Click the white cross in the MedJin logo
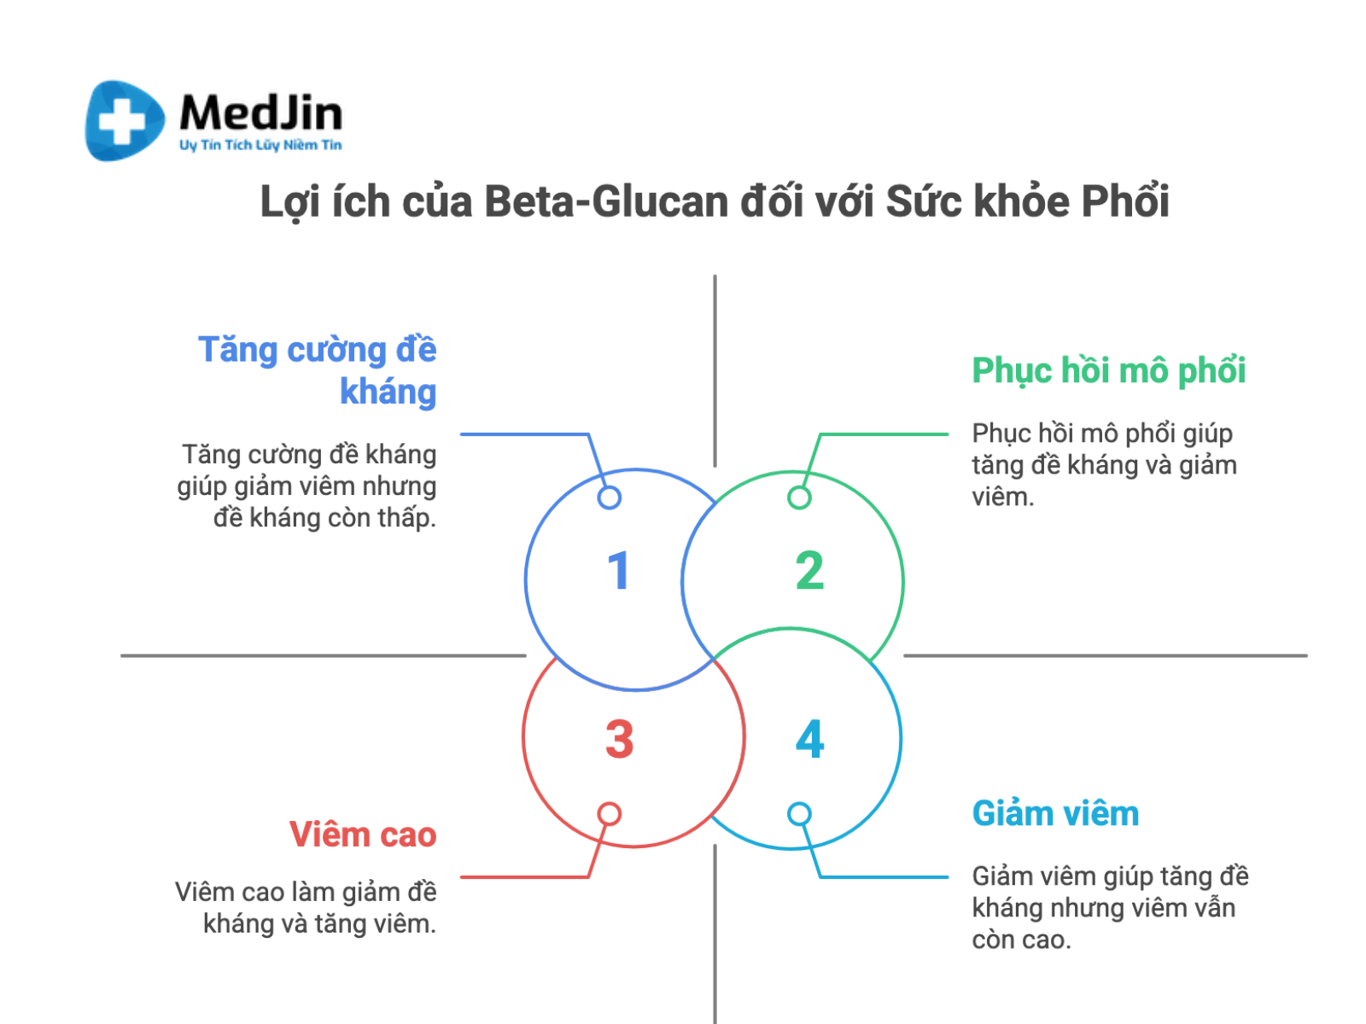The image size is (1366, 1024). coord(121,121)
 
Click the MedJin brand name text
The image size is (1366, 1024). coord(260,113)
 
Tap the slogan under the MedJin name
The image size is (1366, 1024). coord(260,145)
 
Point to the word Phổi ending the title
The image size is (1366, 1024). coord(1124,202)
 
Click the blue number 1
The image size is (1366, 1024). coord(618,571)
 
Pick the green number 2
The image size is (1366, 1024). coord(809,571)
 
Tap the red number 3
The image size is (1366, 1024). coord(619,739)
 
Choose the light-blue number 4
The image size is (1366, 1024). coord(809,739)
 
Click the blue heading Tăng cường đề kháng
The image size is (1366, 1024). coord(318,370)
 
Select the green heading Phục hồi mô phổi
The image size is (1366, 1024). coord(1108,370)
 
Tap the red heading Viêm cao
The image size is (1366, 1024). coord(363,835)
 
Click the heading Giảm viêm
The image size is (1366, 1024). coord(1055,813)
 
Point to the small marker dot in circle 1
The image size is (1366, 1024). coord(610,497)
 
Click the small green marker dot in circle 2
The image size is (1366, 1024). coord(799,497)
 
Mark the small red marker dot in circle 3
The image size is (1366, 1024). coord(610,814)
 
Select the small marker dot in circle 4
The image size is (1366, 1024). coord(799,814)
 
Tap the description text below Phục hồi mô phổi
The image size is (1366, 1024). coord(1103,465)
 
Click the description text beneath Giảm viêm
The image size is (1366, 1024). coord(1108,908)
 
